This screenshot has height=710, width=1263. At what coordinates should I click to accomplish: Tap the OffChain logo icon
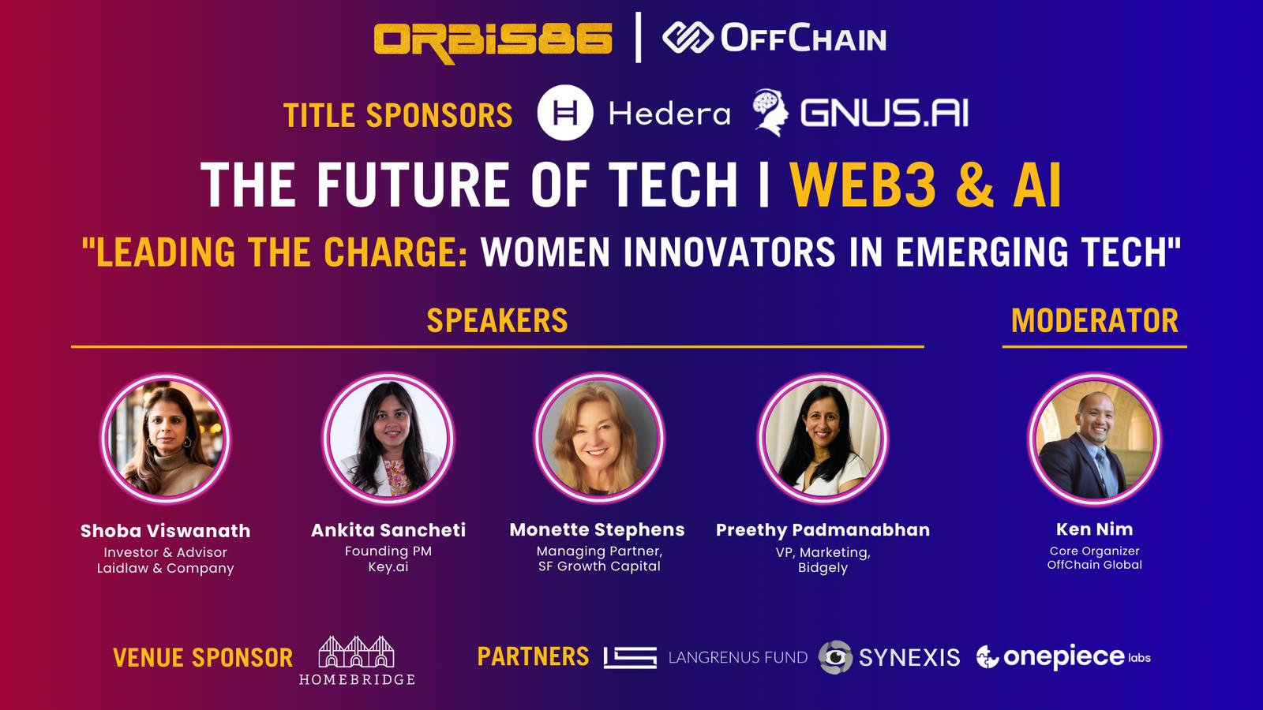(x=688, y=38)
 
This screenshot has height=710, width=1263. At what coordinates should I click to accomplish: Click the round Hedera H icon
(x=565, y=112)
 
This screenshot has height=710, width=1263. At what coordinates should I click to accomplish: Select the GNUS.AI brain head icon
(x=770, y=113)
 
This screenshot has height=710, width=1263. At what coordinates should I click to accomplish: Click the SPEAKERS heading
(x=497, y=320)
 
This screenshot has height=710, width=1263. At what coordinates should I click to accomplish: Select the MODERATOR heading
(x=1094, y=320)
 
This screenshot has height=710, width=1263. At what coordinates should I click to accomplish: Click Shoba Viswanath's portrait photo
(x=166, y=439)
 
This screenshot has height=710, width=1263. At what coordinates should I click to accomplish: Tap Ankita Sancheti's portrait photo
(x=388, y=439)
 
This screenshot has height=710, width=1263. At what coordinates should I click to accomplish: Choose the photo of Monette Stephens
(x=599, y=439)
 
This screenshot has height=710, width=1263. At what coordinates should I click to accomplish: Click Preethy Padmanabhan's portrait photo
(x=823, y=439)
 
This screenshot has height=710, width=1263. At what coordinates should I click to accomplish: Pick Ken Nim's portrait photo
(x=1094, y=439)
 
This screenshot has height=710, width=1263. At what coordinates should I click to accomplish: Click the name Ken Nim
(x=1094, y=529)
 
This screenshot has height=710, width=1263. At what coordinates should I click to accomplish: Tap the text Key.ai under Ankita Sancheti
(x=388, y=567)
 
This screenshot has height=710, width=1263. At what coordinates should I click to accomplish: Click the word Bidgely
(x=823, y=567)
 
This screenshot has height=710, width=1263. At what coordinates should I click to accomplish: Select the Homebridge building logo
(x=356, y=660)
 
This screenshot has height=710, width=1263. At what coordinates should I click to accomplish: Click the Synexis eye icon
(x=836, y=657)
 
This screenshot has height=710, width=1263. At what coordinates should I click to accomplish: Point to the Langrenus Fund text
(x=738, y=657)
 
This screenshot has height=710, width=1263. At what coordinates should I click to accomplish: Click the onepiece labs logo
(x=1063, y=656)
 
